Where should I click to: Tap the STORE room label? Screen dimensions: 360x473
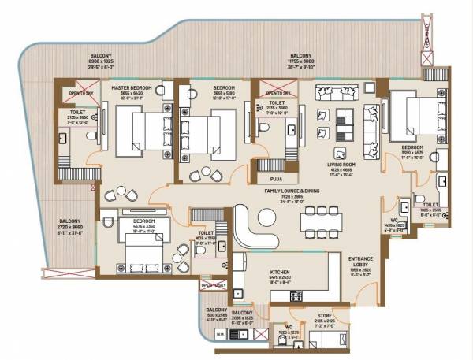324,314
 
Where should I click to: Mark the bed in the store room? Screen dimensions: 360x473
326,339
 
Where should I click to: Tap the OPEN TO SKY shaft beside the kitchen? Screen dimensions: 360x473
213,285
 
